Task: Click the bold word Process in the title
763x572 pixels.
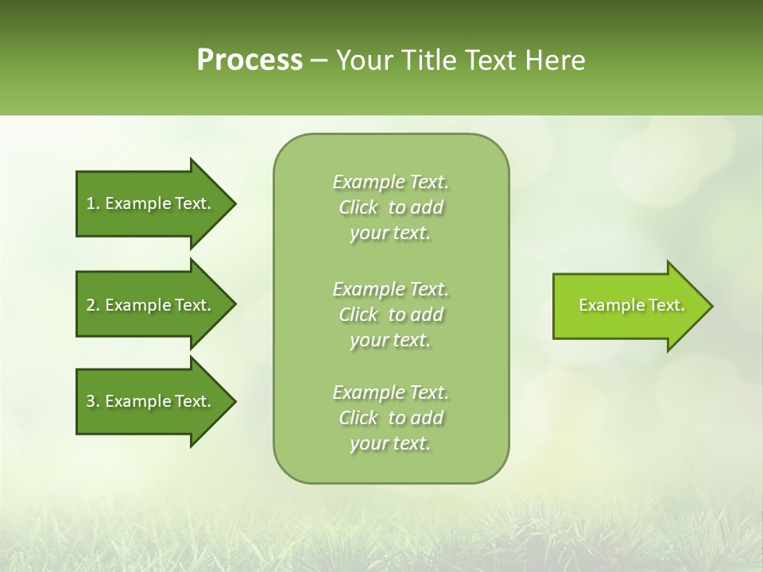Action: point(250,60)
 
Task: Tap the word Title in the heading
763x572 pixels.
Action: point(429,60)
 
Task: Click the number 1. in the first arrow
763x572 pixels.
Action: point(92,203)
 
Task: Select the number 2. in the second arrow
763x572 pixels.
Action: point(92,305)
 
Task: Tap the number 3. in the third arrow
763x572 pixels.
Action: point(92,401)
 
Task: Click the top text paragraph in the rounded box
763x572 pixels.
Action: point(390,207)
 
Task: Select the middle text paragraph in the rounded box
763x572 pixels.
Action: point(390,315)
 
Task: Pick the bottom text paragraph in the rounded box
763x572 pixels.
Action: point(390,418)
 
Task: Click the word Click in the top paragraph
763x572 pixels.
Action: point(358,207)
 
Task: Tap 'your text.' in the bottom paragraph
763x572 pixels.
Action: point(390,443)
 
